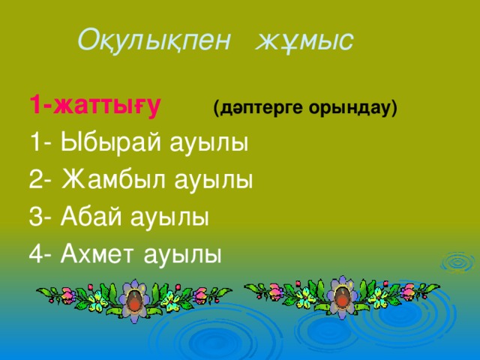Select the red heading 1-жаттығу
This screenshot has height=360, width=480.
94,106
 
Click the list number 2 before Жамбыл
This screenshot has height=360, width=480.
37,180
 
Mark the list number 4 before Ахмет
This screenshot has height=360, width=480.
37,255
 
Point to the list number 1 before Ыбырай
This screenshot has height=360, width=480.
36,142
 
